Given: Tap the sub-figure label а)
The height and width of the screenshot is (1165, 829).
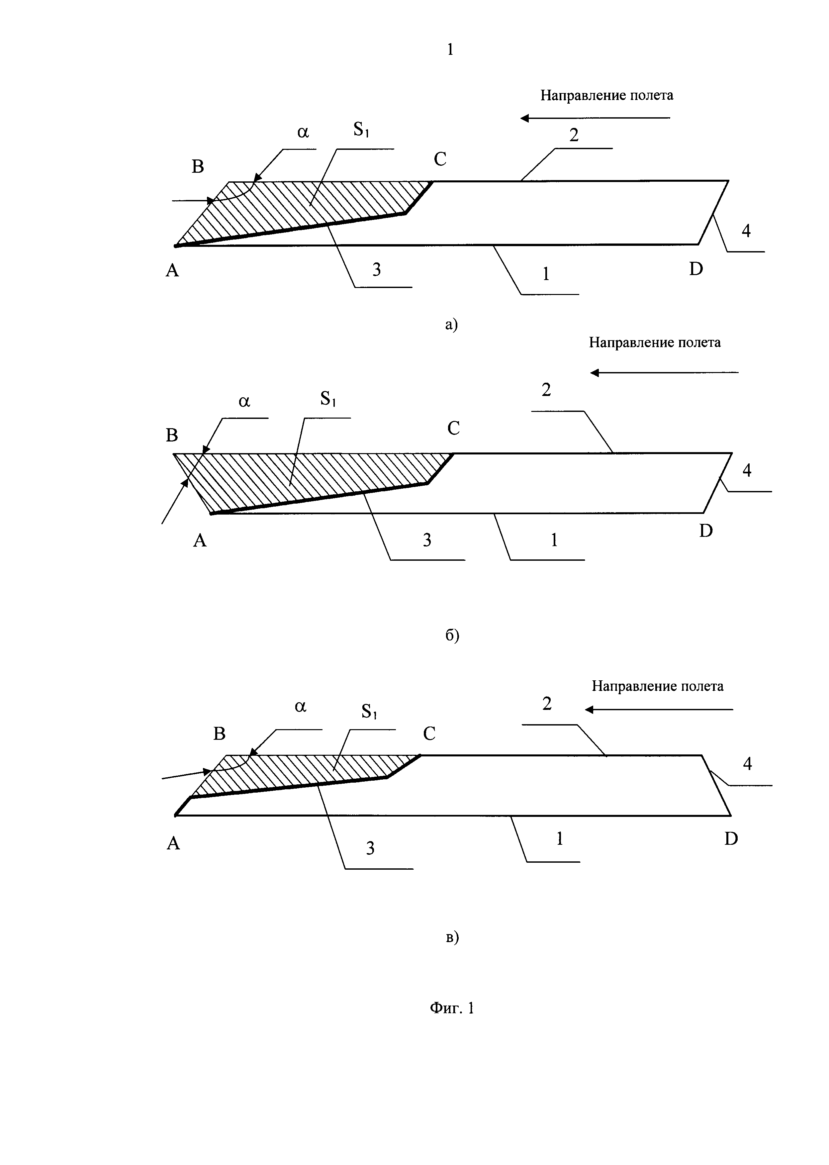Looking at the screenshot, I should [452, 324].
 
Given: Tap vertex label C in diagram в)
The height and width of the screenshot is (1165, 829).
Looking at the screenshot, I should [429, 733].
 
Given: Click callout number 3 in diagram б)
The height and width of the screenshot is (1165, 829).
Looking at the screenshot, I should [427, 539].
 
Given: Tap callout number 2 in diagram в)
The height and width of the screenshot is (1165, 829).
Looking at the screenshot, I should [547, 704].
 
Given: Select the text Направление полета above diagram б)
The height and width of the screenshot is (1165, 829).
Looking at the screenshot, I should [655, 342].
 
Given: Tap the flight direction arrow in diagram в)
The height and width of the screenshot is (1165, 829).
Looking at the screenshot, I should [659, 710].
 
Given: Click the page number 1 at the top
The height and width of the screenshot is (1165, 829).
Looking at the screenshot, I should [450, 49].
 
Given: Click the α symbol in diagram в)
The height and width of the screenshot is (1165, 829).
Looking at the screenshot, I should [301, 707].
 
